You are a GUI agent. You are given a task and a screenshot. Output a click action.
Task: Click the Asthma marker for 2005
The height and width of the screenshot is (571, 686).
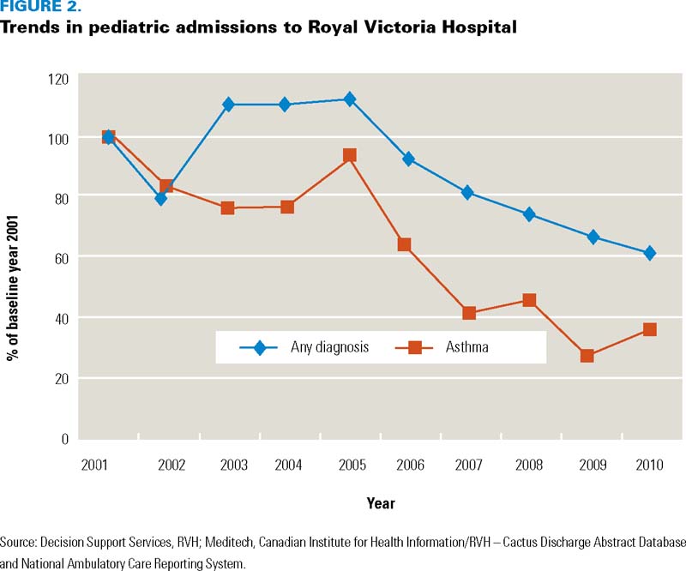(349, 155)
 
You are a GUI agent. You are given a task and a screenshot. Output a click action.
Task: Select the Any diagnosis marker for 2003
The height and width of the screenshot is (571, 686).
(228, 105)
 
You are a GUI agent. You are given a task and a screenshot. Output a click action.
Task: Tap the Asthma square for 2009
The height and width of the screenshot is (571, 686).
(587, 356)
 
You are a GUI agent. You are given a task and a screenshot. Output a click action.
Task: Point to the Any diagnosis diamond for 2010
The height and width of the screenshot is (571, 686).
(650, 253)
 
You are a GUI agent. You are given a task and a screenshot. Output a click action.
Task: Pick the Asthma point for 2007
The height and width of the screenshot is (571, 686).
(469, 313)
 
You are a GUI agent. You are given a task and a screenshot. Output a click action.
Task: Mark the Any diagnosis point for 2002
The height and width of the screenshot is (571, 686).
(160, 198)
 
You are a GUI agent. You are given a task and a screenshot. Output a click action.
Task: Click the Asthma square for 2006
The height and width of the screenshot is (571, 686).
(405, 245)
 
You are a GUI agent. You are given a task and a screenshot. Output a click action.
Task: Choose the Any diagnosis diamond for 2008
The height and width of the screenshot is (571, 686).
(529, 214)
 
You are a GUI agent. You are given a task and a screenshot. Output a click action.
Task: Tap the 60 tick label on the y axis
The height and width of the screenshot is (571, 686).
(61, 258)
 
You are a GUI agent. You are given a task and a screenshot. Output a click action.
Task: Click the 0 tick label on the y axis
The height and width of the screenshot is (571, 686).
(64, 439)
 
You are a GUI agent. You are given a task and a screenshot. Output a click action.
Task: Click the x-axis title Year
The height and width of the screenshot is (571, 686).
(381, 503)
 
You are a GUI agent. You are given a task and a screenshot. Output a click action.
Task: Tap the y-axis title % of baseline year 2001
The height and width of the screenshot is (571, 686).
(14, 257)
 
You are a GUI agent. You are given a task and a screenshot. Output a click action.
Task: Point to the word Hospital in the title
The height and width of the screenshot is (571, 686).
(485, 27)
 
